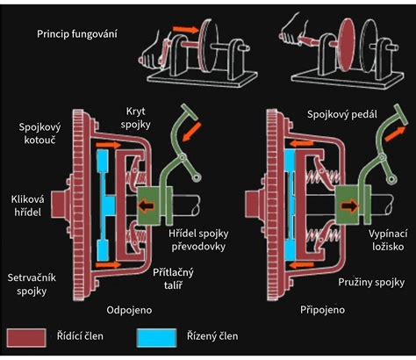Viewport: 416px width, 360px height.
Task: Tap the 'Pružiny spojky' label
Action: [x=370, y=282]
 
